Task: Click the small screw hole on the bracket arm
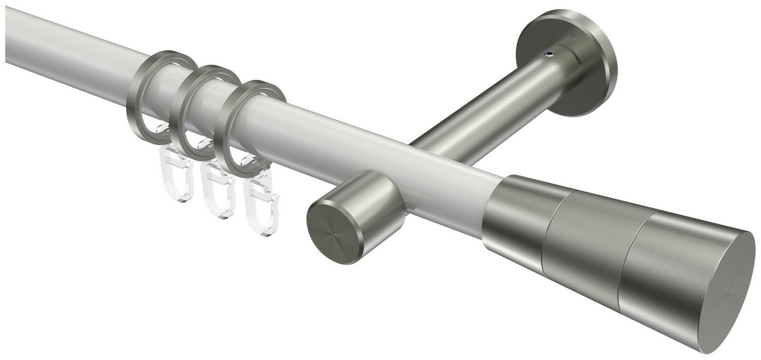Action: (x=550, y=54)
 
